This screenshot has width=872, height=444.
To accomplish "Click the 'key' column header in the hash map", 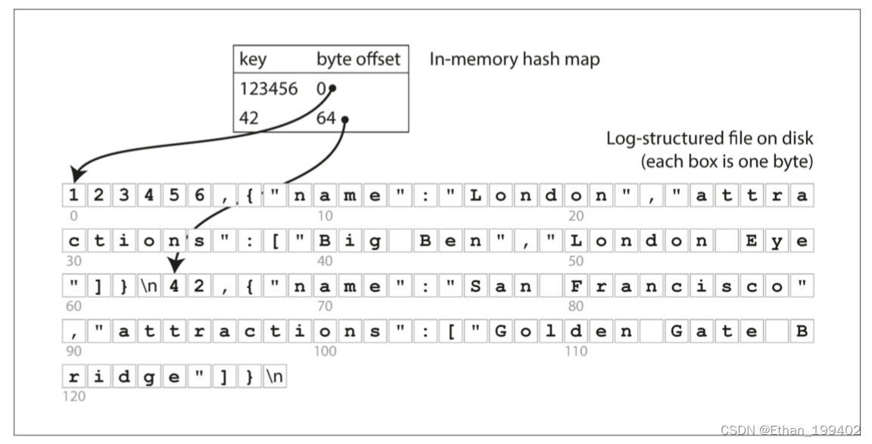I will pos(254,59).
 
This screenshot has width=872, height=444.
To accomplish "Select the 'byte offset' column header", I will pos(358,59).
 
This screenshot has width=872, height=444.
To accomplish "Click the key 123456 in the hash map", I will pos(269,89).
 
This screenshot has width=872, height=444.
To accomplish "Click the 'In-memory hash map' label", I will pos(514,59).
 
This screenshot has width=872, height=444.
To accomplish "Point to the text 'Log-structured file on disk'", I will pos(709,139).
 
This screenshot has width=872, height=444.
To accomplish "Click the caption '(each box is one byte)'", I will pos(727,161).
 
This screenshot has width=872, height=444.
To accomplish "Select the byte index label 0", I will pos(73,215).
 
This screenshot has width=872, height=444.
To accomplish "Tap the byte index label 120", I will pos(76,396).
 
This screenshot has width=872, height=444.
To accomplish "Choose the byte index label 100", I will pos(325,352).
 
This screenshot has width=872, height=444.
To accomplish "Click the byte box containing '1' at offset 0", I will pos(73,195).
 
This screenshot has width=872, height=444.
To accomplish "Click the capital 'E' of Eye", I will pos(752,242).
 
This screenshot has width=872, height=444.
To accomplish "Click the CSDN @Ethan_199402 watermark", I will pos(790,430).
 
